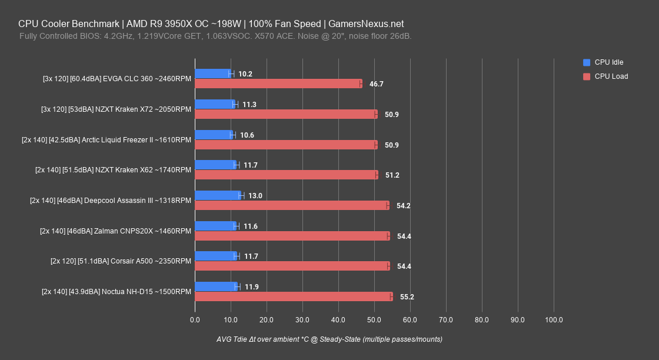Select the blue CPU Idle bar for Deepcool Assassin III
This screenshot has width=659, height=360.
218,195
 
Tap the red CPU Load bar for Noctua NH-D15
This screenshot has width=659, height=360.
293,296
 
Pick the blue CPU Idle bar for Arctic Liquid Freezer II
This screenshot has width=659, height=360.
214,135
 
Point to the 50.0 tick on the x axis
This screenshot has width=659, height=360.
374,320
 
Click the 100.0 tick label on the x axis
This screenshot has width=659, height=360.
554,320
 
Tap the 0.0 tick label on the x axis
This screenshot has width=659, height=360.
195,320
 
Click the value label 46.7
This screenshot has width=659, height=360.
377,84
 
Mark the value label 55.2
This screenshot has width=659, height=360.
407,297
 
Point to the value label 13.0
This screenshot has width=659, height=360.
255,196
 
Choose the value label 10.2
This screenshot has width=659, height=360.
245,74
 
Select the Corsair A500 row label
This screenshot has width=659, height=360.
121,262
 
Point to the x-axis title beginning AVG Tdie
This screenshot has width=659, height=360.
329,339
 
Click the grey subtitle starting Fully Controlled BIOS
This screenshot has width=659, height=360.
215,36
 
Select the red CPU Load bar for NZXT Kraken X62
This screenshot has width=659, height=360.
286,175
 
